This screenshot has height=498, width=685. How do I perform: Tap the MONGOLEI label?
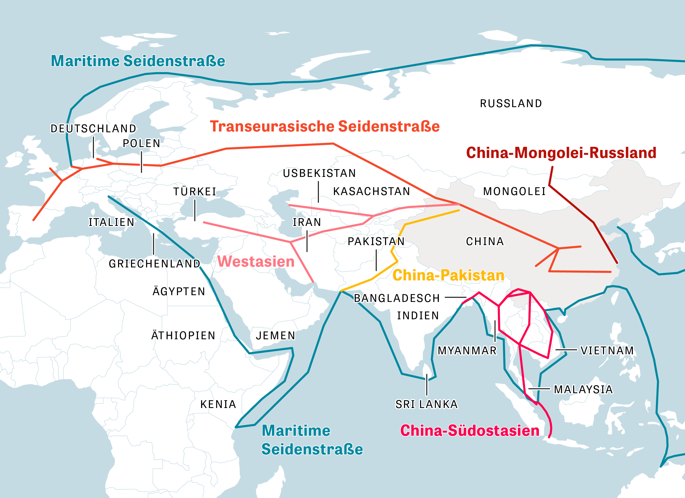pos(514,191)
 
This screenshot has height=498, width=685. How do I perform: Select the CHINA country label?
pos(485,241)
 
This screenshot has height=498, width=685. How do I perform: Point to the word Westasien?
pos(256,261)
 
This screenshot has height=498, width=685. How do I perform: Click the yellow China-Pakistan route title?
pos(448,275)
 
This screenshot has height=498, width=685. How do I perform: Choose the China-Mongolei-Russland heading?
pos(561,153)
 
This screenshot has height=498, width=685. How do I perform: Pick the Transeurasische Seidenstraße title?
pos(325,127)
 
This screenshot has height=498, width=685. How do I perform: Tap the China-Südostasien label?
pos(470,431)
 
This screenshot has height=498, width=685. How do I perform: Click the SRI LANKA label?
pos(427,404)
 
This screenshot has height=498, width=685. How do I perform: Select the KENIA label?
pos(218,404)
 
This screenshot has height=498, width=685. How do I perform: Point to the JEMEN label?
pos(276,336)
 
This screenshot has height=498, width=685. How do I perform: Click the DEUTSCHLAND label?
pos(93,129)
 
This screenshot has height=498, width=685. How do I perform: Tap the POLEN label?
pos(141,143)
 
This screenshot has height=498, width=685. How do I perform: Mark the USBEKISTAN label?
pos(319,173)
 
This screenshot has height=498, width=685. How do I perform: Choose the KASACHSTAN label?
pos(372,191)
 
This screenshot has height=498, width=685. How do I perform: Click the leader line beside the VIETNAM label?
pos(566,350)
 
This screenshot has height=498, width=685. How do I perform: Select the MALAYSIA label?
pos(583,390)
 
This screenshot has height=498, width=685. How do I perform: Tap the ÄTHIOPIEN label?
pos(183,336)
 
